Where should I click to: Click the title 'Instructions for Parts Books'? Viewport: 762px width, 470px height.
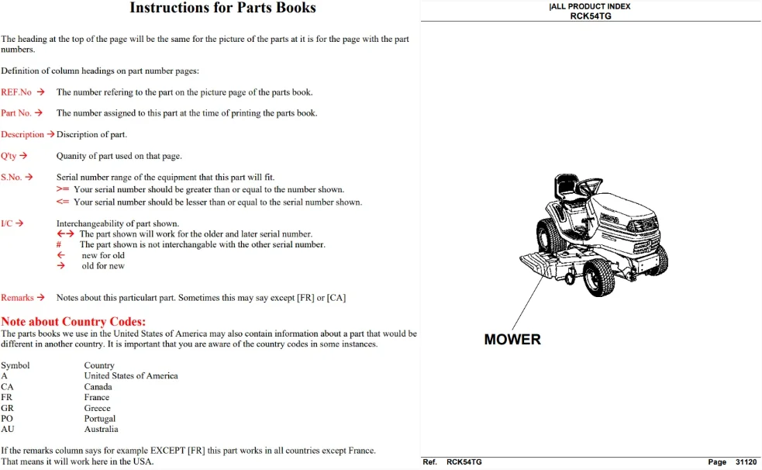coord(222,8)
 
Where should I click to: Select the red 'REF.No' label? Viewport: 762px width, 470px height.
coord(16,92)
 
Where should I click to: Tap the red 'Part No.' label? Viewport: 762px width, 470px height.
coord(16,113)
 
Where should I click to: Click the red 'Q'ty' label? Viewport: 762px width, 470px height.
coord(9,156)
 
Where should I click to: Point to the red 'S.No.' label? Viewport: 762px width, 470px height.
coord(11,178)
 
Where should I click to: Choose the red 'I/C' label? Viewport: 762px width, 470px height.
coord(6,223)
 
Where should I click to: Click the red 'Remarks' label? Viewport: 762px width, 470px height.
coord(17,298)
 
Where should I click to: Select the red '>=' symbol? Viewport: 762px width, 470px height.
coord(63,189)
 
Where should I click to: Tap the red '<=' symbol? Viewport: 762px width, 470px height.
coord(63,202)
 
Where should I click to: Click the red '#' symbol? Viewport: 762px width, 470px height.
coord(59,244)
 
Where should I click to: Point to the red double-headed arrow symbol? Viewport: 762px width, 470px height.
coord(66,233)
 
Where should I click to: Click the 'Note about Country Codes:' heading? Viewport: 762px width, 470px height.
coord(74,322)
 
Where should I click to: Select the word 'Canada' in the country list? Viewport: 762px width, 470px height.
coord(98,387)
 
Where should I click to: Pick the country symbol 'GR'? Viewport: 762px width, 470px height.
coord(7,408)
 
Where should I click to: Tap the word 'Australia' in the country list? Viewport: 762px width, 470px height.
coord(101,429)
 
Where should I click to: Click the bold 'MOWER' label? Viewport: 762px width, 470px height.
coord(512,339)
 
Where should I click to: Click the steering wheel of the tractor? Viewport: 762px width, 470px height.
coord(591,185)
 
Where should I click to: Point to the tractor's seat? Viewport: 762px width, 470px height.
coord(567,187)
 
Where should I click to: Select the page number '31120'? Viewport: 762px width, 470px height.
coord(746,461)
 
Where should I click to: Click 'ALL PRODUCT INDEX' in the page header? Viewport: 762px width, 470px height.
coord(591,6)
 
